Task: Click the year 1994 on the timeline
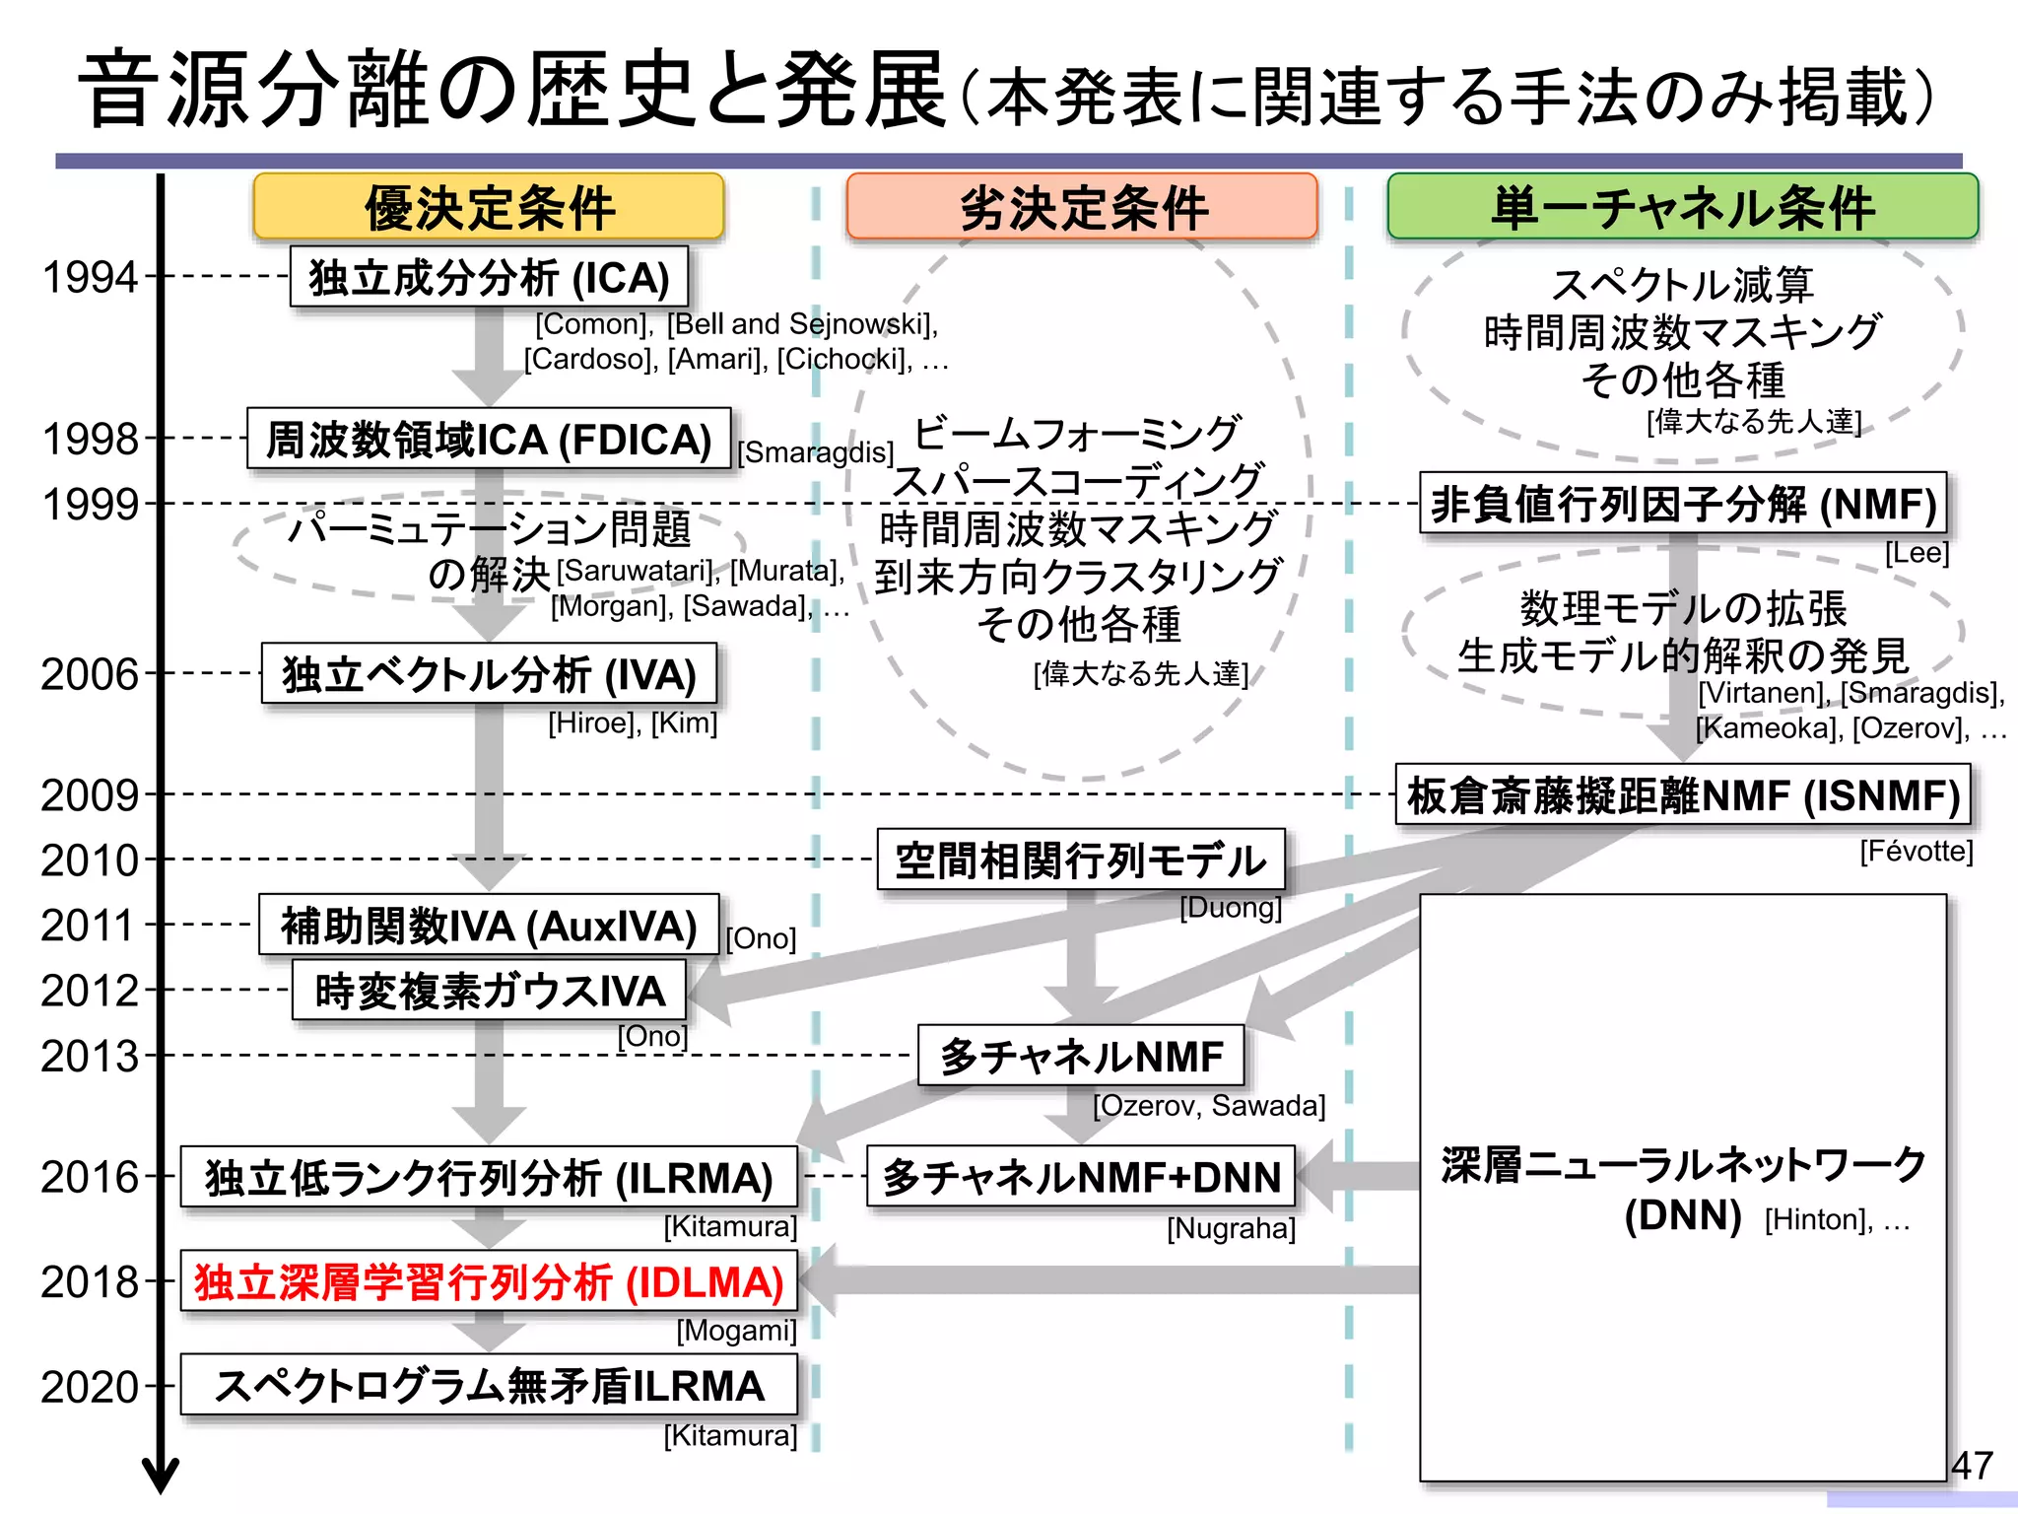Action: click(x=90, y=278)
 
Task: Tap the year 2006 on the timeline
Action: click(x=90, y=675)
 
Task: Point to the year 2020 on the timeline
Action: click(x=90, y=1388)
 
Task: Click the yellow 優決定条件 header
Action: click(x=489, y=207)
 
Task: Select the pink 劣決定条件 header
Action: click(x=1082, y=207)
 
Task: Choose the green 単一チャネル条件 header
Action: click(x=1682, y=207)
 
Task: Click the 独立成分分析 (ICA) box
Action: click(x=489, y=278)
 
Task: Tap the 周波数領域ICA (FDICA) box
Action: click(x=489, y=440)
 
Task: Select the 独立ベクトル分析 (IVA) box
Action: click(x=489, y=675)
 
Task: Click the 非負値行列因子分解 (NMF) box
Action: click(x=1683, y=504)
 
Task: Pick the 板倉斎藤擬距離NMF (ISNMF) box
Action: click(x=1683, y=795)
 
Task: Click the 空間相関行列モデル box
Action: click(x=1081, y=860)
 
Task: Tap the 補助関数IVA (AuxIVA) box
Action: click(x=489, y=926)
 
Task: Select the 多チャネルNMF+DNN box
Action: click(x=1081, y=1177)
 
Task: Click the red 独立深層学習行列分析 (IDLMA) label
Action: click(x=489, y=1282)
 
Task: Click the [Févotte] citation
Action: click(x=1917, y=851)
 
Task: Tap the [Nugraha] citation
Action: click(x=1231, y=1229)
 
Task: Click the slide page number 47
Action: click(x=1972, y=1465)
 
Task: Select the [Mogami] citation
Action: click(x=736, y=1331)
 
